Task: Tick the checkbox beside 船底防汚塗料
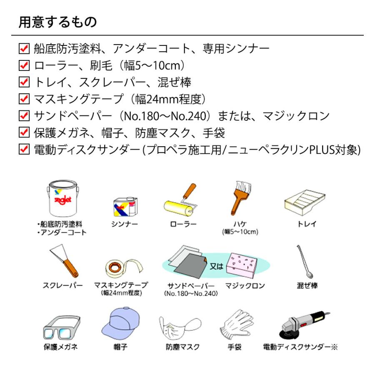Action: pyautogui.click(x=24, y=48)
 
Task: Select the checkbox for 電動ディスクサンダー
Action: pyautogui.click(x=24, y=149)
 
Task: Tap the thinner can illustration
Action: pyautogui.click(x=124, y=205)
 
